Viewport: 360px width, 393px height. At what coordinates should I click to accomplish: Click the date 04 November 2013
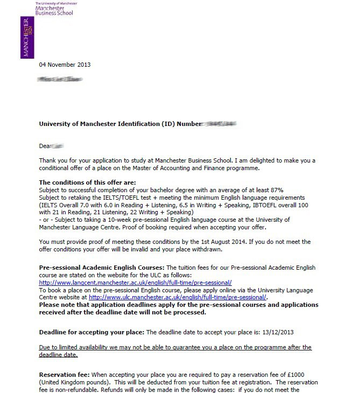(x=65, y=65)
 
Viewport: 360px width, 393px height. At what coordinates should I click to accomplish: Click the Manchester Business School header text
(x=54, y=10)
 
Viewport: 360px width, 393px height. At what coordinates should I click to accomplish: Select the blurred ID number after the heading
(x=219, y=124)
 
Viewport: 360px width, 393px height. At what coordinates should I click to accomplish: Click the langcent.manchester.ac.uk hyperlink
(x=135, y=282)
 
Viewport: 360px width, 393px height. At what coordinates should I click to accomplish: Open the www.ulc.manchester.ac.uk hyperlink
(x=177, y=297)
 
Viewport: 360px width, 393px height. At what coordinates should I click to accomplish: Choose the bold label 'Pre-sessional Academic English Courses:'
(x=102, y=268)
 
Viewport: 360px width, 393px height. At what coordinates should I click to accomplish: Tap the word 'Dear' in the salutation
(x=45, y=146)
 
